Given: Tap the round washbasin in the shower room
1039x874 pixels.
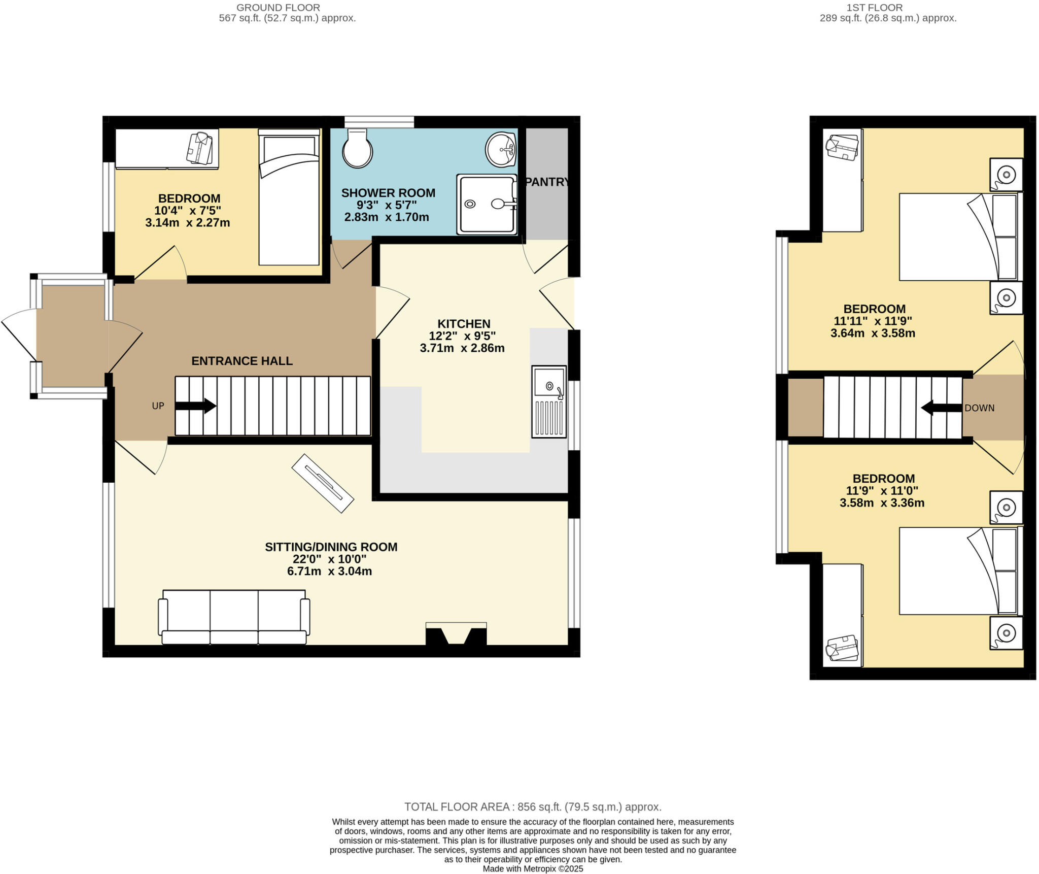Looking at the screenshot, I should [x=501, y=149].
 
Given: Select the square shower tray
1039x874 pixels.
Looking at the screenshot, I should [x=486, y=204].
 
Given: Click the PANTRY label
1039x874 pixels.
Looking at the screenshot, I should [x=547, y=182].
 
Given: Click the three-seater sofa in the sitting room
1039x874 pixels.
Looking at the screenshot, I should [x=234, y=617].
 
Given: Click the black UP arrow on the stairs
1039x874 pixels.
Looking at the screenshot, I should [x=195, y=406].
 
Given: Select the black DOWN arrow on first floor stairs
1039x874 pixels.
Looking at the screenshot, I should [x=942, y=408].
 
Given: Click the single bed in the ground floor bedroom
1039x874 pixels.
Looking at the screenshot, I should [x=289, y=198].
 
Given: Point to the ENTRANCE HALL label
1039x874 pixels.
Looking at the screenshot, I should [x=241, y=361].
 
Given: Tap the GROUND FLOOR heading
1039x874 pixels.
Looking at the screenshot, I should [x=278, y=8].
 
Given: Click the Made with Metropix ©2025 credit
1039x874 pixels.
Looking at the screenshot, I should [x=532, y=868].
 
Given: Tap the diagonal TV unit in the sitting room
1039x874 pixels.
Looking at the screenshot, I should [x=323, y=483].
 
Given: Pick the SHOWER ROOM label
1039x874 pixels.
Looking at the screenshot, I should [x=388, y=193].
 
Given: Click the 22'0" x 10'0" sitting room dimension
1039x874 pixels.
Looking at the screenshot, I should [x=330, y=559].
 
